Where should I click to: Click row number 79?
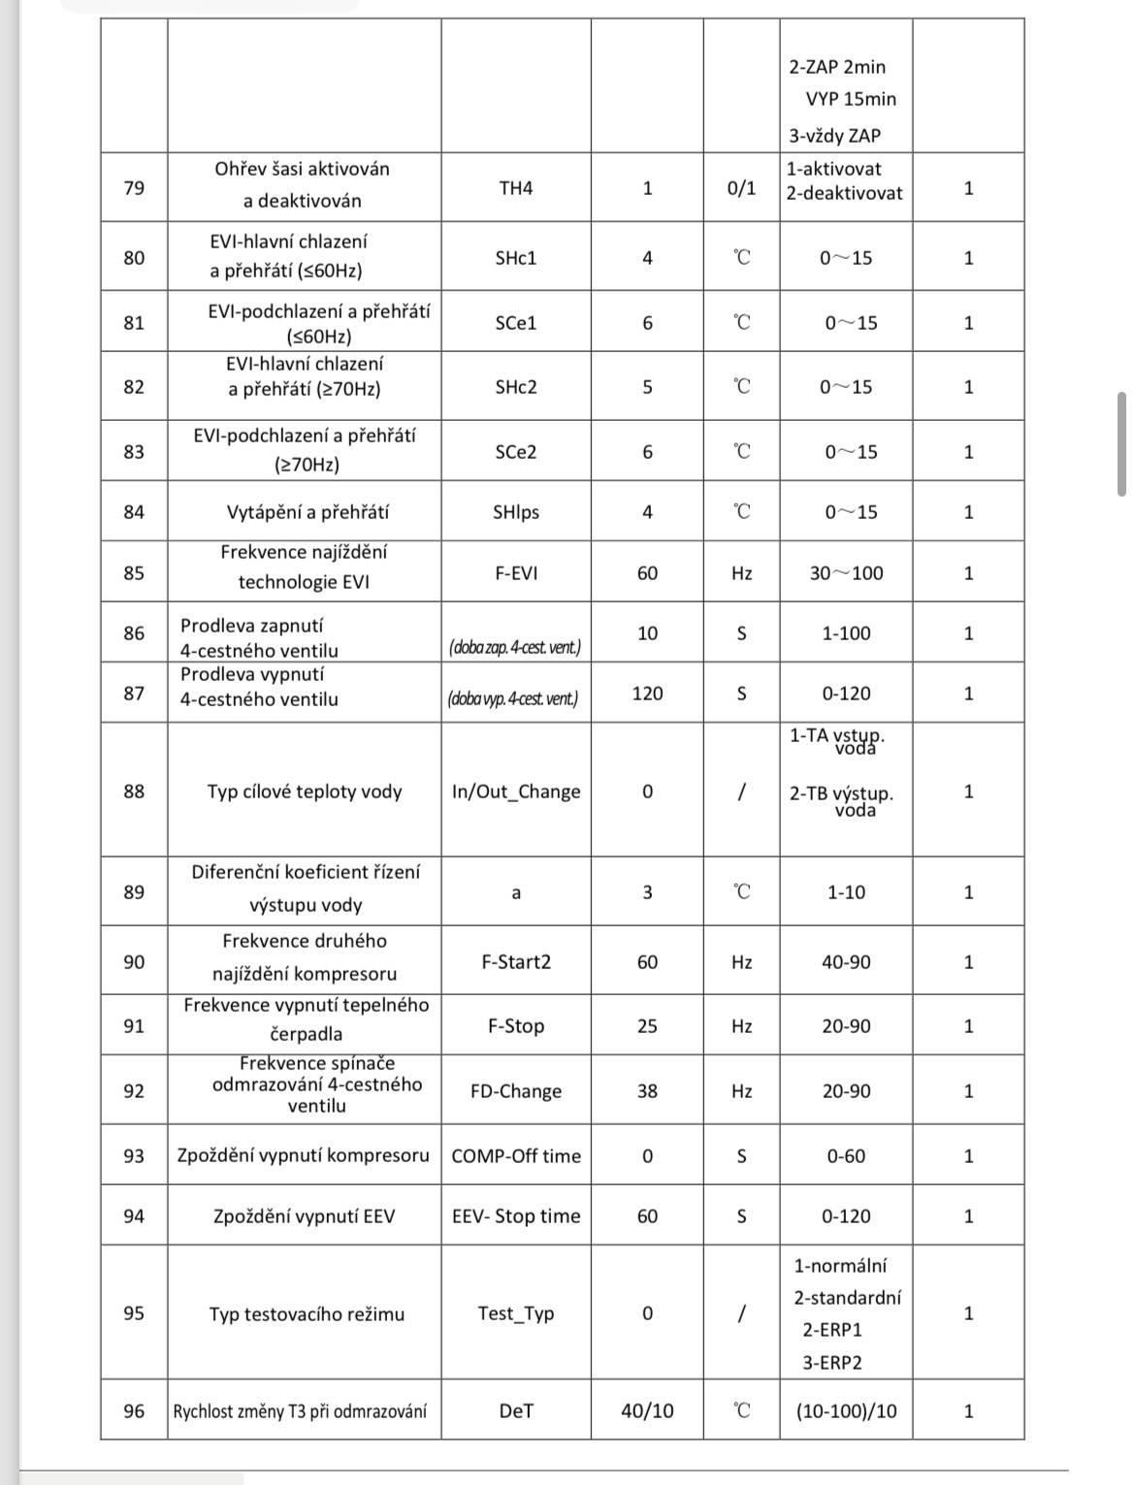pos(134,187)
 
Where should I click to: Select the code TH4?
pos(516,187)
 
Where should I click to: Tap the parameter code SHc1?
pos(516,258)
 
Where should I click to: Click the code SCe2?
pos(516,452)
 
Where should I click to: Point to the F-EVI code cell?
pos(516,573)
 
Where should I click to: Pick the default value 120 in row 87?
pos(647,694)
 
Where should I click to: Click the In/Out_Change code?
pos(516,791)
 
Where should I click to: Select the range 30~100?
pos(846,573)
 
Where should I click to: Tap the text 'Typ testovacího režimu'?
pos(307,1314)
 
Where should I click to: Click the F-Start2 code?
pos(516,962)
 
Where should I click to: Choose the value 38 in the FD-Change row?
pos(647,1091)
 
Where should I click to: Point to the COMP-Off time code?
pos(516,1156)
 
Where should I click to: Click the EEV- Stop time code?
pos(516,1216)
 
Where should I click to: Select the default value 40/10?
pos(647,1411)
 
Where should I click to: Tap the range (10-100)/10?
pos(846,1411)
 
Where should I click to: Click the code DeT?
pos(516,1411)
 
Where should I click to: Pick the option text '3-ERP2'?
pos(831,1363)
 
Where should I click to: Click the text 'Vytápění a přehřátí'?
pos(307,512)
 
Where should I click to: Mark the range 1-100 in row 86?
pos(846,633)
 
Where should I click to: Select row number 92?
pos(134,1091)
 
